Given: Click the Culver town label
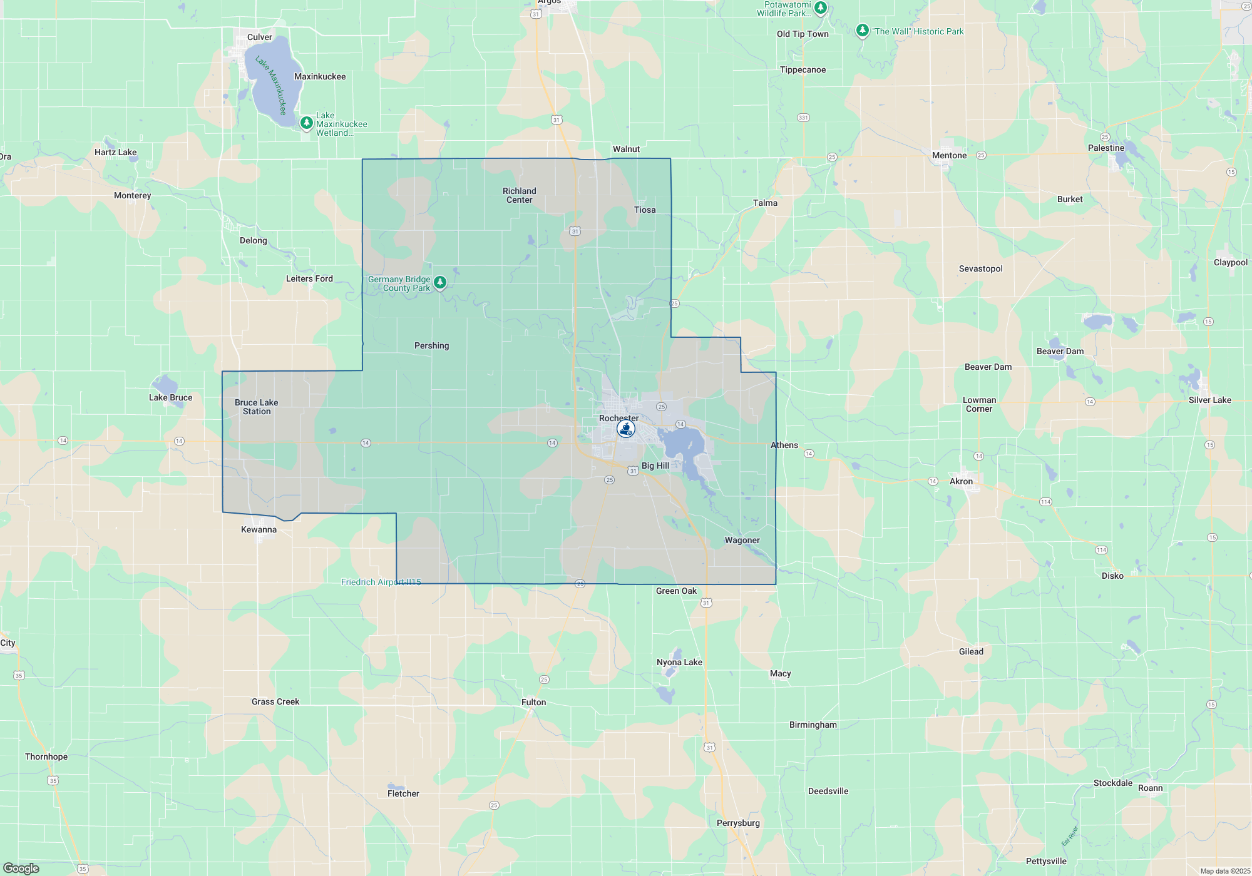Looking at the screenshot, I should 259,38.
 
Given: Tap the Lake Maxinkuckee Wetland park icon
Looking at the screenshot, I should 307,123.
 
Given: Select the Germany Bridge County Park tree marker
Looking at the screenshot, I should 440,283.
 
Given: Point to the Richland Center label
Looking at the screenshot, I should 519,195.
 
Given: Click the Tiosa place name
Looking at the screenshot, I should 644,210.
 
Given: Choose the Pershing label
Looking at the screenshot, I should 431,346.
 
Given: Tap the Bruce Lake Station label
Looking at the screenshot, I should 257,407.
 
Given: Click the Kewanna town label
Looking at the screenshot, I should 259,530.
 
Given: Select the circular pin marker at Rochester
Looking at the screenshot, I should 625,429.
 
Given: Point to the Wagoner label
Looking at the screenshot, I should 742,541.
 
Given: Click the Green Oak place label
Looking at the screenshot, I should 676,591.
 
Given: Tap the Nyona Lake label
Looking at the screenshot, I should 679,663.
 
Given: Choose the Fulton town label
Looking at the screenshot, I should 533,703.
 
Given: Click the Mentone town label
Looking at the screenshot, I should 949,156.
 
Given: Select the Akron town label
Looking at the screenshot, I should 961,482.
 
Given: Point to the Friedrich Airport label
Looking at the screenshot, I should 381,583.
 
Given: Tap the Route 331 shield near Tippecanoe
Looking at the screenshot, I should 803,118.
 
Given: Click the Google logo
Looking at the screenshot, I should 21,868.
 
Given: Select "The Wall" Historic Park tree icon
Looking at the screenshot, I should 862,31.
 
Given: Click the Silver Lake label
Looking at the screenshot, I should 1209,400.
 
